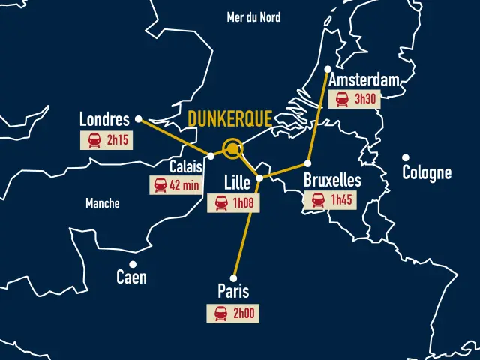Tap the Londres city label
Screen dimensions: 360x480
104,119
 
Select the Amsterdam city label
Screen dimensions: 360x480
363,81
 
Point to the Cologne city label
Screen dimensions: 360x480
427,173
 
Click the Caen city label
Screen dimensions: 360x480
131,277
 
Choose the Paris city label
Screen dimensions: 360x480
233,292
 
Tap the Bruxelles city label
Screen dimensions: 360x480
332,181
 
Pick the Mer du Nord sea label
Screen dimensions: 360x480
253,16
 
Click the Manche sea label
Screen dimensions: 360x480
102,203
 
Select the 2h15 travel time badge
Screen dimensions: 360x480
106,140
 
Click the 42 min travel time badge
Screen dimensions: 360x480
176,184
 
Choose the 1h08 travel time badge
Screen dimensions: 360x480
233,202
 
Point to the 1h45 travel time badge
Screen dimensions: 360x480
331,199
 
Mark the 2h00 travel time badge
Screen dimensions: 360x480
232,313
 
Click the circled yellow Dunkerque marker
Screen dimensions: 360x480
233,149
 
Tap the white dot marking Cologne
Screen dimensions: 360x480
406,157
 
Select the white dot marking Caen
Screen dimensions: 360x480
133,263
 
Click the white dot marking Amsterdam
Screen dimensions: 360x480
328,69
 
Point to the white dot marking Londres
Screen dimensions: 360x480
138,118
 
